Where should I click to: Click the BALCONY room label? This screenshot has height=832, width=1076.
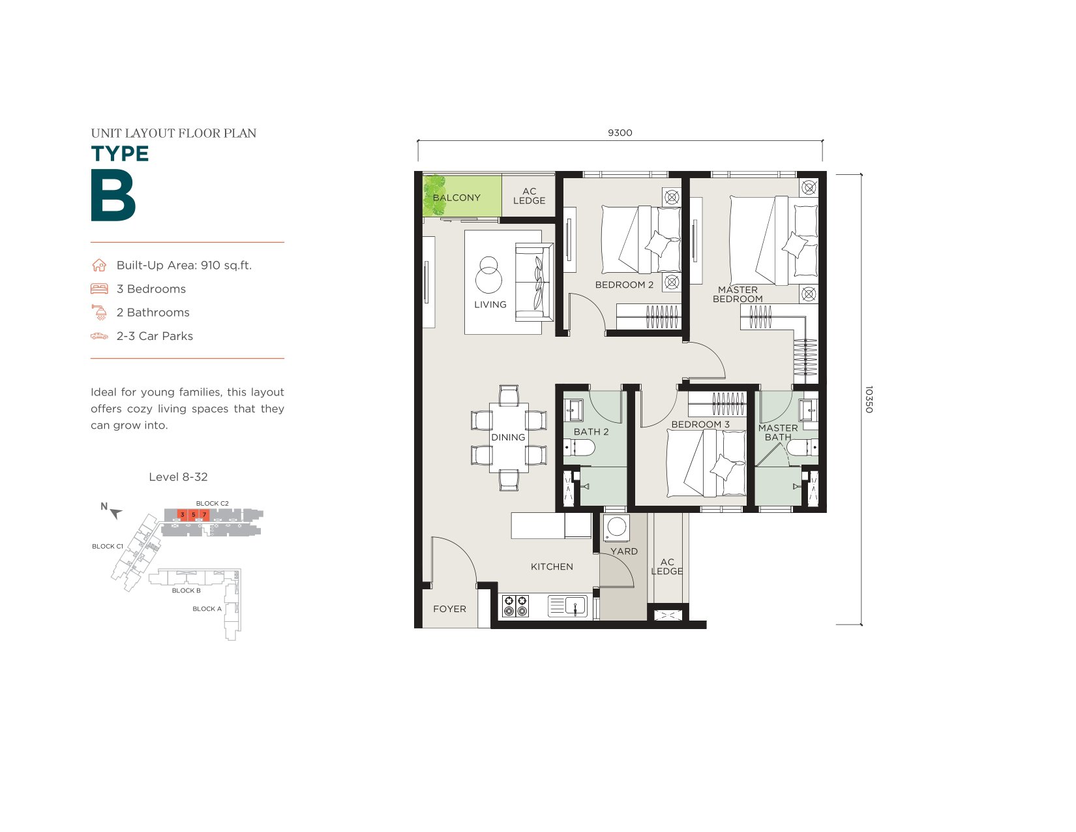point(456,197)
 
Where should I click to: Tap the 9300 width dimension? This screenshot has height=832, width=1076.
point(620,132)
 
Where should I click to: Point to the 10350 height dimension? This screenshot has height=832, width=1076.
point(869,399)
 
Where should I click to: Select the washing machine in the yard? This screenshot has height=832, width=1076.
point(616,527)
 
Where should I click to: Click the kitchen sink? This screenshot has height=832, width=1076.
point(567,606)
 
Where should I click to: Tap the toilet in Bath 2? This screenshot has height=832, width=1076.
point(579,448)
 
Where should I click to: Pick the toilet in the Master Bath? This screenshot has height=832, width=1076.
point(801,448)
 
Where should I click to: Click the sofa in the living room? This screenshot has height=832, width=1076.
point(534,282)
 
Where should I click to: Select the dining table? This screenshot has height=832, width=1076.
point(509,437)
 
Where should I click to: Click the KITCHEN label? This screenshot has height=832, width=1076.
point(552,566)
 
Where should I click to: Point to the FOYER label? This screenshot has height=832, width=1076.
point(449,609)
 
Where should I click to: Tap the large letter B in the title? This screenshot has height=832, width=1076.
point(113,195)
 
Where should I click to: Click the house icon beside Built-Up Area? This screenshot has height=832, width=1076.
point(99,265)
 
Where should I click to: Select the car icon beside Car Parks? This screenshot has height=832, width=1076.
point(99,336)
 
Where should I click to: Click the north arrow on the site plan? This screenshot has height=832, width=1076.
point(115,513)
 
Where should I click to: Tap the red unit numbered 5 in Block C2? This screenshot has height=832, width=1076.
point(194,515)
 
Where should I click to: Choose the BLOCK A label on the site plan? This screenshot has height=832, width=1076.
point(207,609)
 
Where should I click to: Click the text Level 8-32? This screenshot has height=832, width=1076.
point(178,477)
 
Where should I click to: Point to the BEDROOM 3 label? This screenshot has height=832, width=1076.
point(700,424)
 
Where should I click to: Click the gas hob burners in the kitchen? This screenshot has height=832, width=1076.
point(515,606)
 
